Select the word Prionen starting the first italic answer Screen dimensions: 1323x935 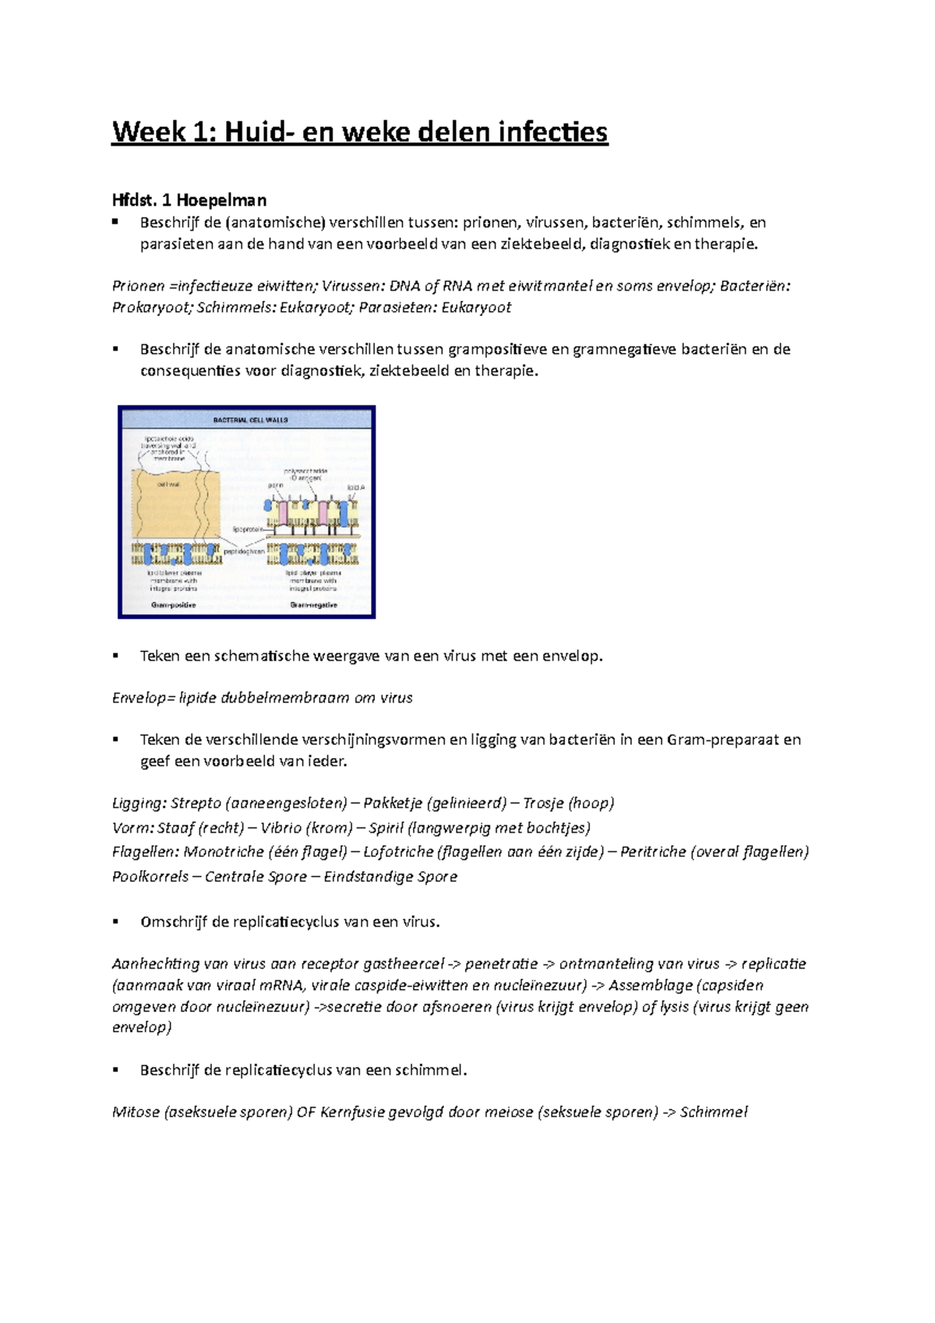click(x=138, y=286)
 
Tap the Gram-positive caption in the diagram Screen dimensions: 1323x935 click(x=173, y=605)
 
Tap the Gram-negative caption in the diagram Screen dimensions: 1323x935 click(x=313, y=605)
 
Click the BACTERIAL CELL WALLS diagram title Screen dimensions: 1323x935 click(x=250, y=420)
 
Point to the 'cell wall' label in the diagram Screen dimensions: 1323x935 click(x=168, y=484)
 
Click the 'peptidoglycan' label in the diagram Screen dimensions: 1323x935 click(x=244, y=551)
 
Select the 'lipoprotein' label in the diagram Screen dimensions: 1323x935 click(x=248, y=529)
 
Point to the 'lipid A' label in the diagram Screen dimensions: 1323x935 click(x=355, y=487)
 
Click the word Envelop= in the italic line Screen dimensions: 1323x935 click(x=143, y=698)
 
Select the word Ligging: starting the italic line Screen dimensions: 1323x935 click(x=139, y=803)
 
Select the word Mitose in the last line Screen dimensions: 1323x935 click(x=136, y=1112)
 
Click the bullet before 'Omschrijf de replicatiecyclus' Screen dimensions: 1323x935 click(x=115, y=922)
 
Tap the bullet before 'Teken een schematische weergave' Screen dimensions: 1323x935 click(x=115, y=656)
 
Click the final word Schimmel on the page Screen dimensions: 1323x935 click(x=714, y=1112)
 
